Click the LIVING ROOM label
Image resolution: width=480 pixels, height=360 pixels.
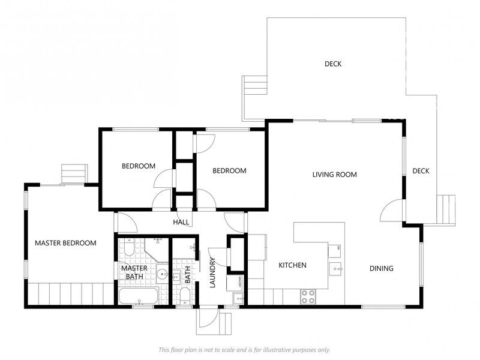pos(334,175)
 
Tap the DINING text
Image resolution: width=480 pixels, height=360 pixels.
pos(381,269)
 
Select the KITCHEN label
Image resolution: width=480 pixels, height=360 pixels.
pos(293,265)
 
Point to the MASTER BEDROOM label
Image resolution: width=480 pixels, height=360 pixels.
pos(65,243)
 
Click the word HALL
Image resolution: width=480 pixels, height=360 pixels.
pos(181,222)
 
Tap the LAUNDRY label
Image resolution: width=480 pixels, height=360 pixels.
pos(212,273)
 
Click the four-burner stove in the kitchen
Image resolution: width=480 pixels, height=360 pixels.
pos(308,295)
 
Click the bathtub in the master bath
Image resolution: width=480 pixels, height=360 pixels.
pos(137,296)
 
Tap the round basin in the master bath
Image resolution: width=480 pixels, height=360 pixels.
pos(163,275)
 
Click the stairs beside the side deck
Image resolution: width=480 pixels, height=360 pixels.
pos(446,211)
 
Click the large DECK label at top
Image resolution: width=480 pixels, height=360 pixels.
pos(333,64)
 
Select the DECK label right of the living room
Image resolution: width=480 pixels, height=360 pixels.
pos(421,172)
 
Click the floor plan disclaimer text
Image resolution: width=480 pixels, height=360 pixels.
pos(244,350)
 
